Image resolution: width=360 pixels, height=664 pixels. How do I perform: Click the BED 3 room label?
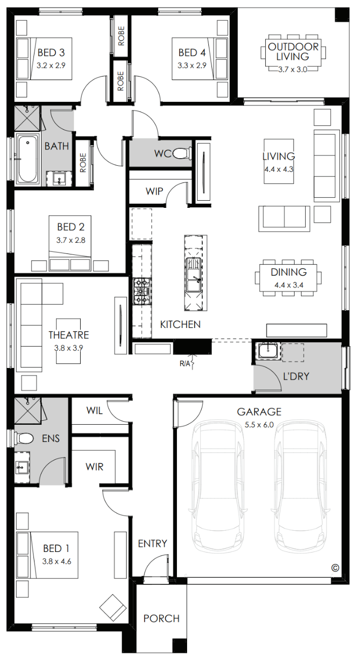51,53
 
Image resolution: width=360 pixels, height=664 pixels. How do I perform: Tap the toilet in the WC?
182,154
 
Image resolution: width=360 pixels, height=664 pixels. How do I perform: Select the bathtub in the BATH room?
28,159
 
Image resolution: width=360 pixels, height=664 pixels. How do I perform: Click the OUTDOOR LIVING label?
293,52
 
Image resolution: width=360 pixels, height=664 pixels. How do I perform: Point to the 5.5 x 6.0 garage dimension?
259,425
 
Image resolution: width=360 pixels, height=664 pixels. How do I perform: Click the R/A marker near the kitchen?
186,363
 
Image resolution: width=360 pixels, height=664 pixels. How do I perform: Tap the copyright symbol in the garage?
335,568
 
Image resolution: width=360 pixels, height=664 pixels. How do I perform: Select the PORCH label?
161,618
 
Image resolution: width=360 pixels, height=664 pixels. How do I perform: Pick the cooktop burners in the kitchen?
142,291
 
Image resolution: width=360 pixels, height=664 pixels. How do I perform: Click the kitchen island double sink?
194,275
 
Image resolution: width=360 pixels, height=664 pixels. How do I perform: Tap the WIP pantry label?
154,191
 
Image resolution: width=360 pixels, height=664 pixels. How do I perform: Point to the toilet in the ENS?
24,438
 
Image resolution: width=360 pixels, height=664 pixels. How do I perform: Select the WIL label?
94,411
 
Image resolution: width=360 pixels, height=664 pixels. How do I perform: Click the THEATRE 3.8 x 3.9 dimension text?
68,348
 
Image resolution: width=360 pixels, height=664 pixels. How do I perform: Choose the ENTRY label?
153,543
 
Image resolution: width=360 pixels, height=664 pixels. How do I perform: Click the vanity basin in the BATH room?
59,178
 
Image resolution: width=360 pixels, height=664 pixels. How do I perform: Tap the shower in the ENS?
28,411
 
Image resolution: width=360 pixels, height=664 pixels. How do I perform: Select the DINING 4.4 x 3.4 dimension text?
289,285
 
